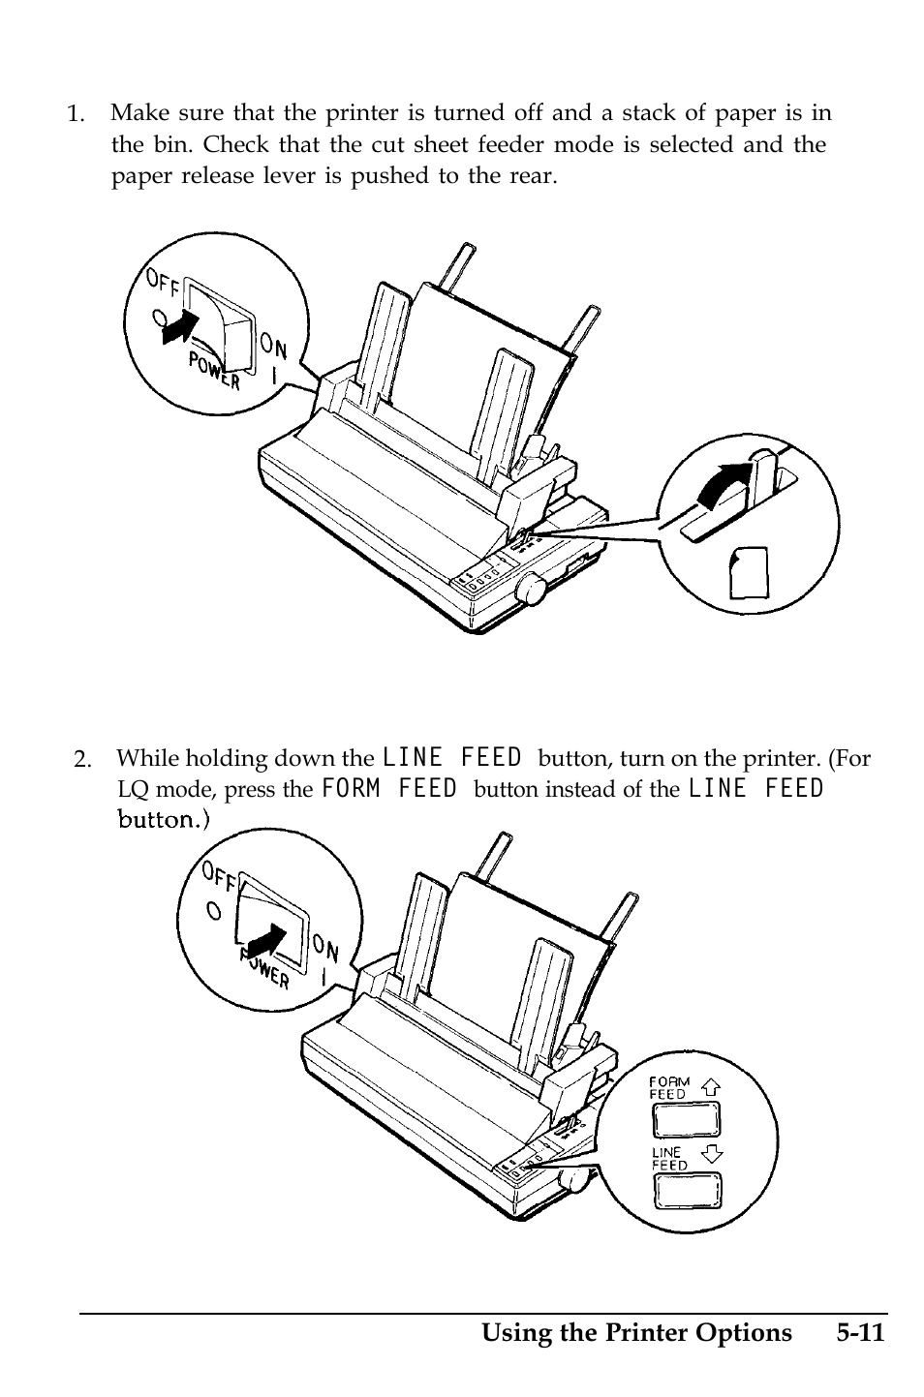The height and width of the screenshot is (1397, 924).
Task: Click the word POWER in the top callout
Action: tap(213, 371)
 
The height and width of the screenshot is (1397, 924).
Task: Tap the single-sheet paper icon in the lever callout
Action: tap(751, 572)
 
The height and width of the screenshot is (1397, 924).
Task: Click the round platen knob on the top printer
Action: tap(531, 588)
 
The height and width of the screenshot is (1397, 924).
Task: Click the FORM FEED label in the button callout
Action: tap(668, 1087)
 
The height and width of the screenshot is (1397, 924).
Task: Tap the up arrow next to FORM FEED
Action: tap(711, 1085)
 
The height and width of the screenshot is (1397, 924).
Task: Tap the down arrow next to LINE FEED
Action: tap(712, 1153)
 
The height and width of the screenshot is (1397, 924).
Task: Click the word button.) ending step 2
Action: tap(163, 820)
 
